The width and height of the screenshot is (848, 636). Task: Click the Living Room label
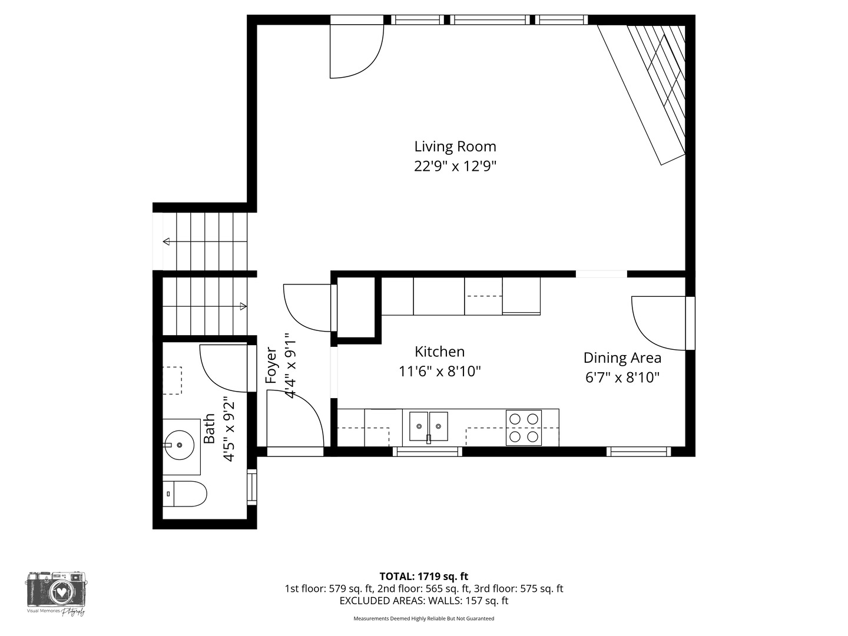pyautogui.click(x=455, y=147)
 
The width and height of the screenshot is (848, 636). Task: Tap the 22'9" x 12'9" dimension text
pyautogui.click(x=455, y=167)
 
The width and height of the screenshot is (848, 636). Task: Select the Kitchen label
pyautogui.click(x=439, y=352)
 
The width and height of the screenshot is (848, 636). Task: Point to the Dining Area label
pyautogui.click(x=622, y=358)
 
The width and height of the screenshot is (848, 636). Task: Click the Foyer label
pyautogui.click(x=271, y=366)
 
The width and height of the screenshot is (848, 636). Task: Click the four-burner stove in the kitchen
pyautogui.click(x=524, y=428)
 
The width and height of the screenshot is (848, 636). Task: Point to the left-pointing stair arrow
pyautogui.click(x=167, y=241)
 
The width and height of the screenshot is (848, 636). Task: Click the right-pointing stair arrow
pyautogui.click(x=243, y=306)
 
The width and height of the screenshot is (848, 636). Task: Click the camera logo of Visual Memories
pyautogui.click(x=56, y=591)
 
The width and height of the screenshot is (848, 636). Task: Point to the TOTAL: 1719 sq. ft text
pyautogui.click(x=423, y=577)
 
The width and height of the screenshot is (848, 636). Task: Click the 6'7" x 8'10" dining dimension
pyautogui.click(x=622, y=377)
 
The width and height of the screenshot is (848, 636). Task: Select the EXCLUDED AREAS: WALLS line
pyautogui.click(x=423, y=601)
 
